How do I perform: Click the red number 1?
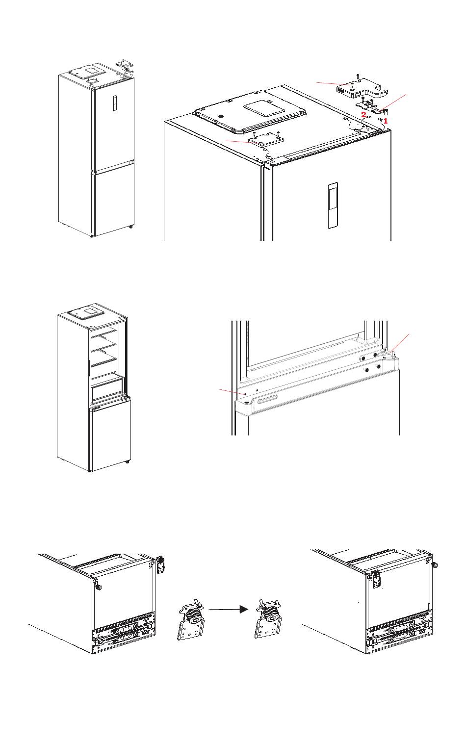coord(386,122)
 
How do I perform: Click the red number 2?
coord(364,115)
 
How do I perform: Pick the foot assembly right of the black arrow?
coord(268,619)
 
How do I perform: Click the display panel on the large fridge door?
coord(333,205)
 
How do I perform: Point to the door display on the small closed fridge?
coord(114,103)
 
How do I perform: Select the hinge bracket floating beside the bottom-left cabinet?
coord(160,564)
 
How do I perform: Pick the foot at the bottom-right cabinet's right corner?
coord(435,564)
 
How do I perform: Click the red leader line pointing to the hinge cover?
coord(333,83)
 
